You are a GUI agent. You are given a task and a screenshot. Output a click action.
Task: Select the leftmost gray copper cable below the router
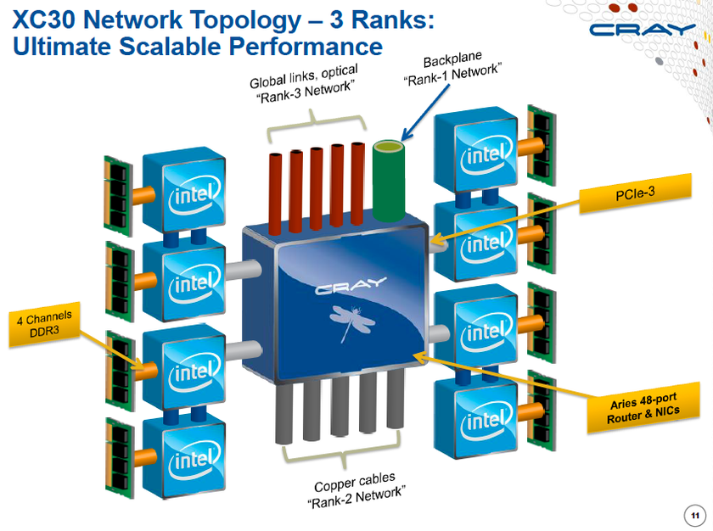pos(286,413)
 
